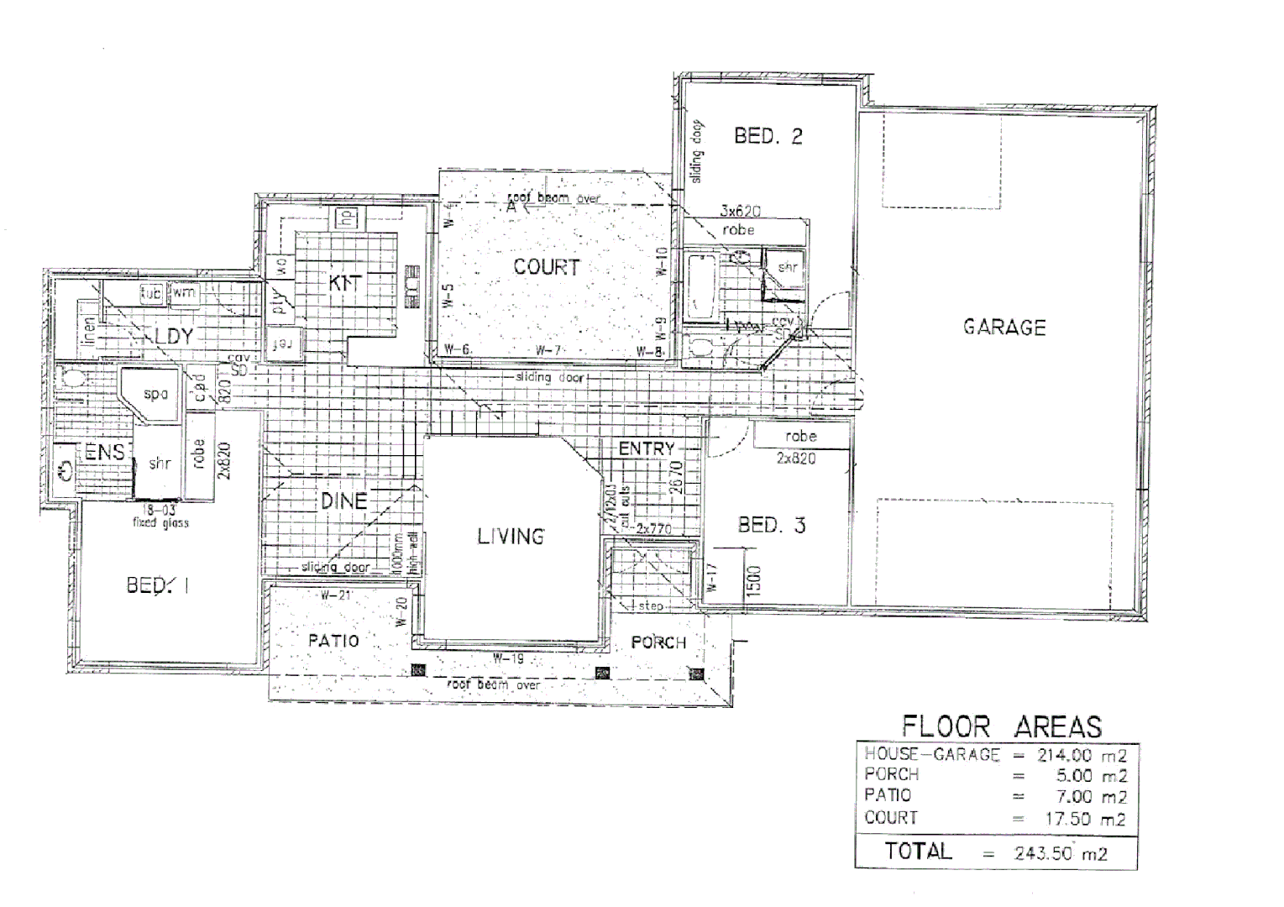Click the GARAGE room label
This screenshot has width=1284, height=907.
tap(1004, 327)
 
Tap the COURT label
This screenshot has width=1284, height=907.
tap(547, 267)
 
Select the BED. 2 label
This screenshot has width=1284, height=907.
tap(768, 136)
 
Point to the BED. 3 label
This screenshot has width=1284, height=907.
tap(771, 526)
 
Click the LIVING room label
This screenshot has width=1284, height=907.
tap(511, 536)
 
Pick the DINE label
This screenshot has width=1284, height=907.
tap(344, 501)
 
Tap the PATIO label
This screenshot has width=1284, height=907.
tap(333, 641)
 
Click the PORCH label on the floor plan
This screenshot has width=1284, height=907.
tap(658, 642)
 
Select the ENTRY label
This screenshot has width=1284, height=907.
tap(646, 449)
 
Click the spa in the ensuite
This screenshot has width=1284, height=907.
tap(155, 393)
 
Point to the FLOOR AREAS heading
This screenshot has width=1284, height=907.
tap(1001, 726)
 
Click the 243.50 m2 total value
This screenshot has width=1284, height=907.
tap(1060, 854)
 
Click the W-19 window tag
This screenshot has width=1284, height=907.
tap(508, 658)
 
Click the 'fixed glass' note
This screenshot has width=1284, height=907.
tap(160, 522)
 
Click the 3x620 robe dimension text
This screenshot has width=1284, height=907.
tap(740, 212)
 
